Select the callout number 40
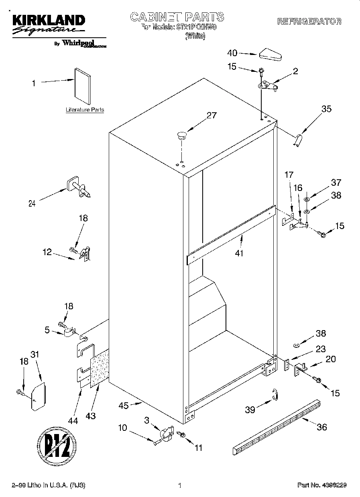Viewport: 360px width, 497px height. point(232,53)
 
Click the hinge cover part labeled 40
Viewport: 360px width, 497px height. point(272,55)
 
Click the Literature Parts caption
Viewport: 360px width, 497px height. point(85,110)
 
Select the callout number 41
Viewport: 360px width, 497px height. point(239,253)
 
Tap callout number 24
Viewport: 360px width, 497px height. point(32,203)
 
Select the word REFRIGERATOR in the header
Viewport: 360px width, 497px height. point(309,22)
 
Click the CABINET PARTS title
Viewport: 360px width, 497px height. point(177,17)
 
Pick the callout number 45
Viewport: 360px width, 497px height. point(124,406)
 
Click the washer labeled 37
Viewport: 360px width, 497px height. point(307,199)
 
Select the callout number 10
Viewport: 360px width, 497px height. point(122,428)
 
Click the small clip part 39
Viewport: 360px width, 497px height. point(275,394)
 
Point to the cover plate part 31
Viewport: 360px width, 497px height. point(39,396)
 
